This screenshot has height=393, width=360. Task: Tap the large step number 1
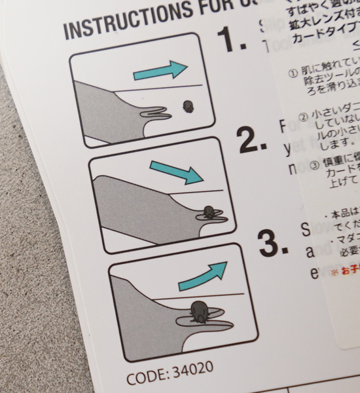(232, 40)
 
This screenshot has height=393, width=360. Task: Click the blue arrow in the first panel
(160, 69)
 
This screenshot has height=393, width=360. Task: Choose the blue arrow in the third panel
(202, 272)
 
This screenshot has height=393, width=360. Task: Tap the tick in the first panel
(188, 106)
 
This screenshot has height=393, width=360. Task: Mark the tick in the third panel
(199, 311)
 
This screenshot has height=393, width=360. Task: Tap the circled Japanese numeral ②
(303, 117)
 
